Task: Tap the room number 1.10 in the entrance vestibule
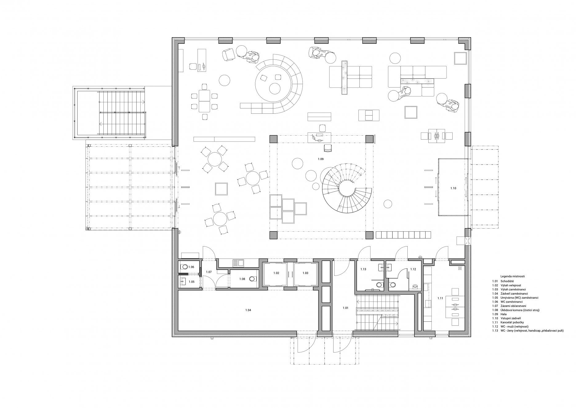coord(453,188)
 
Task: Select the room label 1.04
coord(248,310)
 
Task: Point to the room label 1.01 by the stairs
coord(346,308)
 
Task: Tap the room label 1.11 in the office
coord(440,298)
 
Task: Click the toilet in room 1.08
coord(253,279)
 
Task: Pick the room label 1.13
coord(363,269)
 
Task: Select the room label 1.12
coord(413,269)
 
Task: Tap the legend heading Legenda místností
coord(512,276)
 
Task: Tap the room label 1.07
coord(209,272)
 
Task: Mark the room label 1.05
coord(191,282)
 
